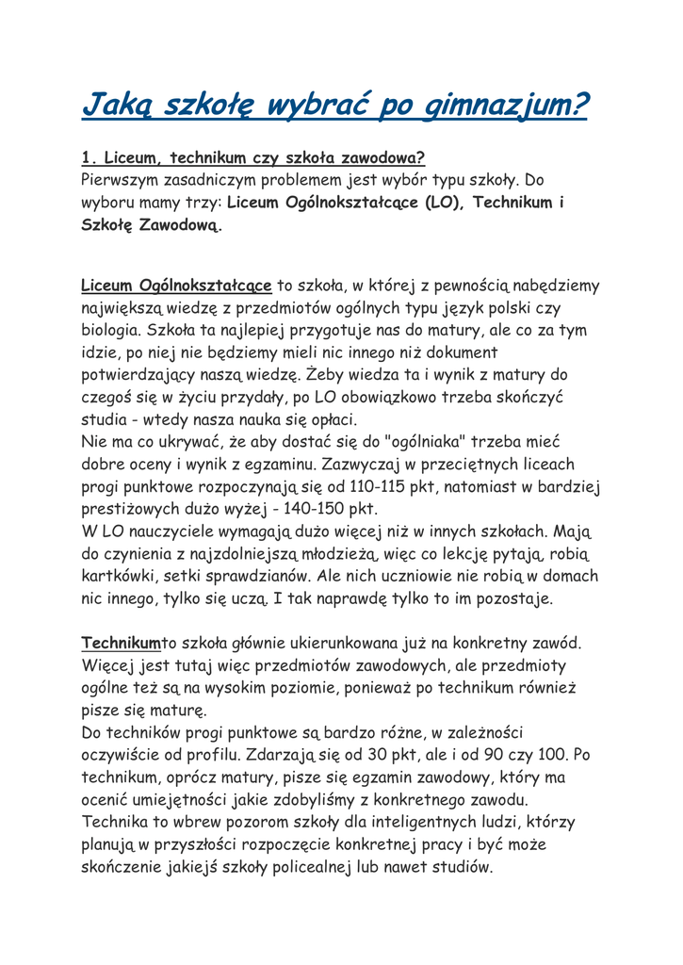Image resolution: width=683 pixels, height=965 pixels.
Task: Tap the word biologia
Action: click(112, 330)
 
